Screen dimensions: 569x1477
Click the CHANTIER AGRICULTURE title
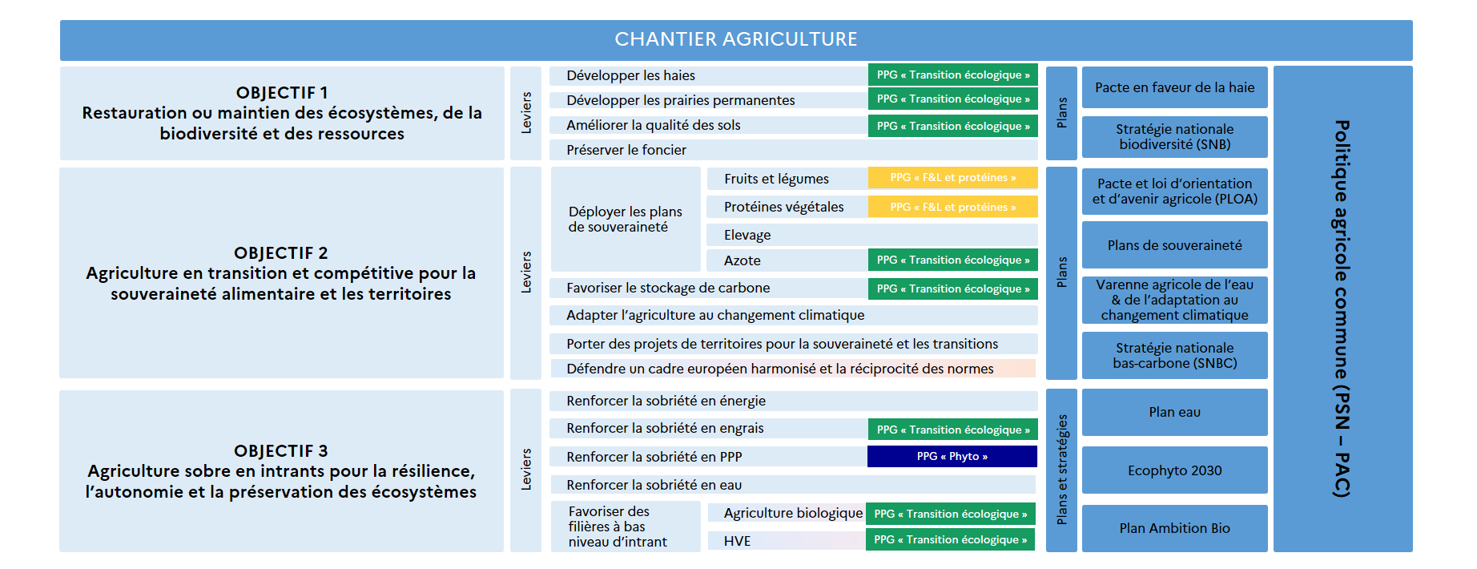click(x=735, y=39)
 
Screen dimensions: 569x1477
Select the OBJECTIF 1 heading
click(x=281, y=93)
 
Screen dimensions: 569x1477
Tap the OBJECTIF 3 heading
click(x=280, y=451)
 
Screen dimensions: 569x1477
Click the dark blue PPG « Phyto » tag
click(x=952, y=457)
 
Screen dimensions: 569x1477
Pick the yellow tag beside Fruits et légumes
click(x=952, y=178)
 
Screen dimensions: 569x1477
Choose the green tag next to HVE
click(x=950, y=540)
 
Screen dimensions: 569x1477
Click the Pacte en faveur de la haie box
click(x=1174, y=87)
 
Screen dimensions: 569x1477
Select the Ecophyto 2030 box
click(x=1174, y=470)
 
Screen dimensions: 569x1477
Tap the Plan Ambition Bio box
click(x=1174, y=528)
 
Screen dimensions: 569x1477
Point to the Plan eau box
click(x=1174, y=412)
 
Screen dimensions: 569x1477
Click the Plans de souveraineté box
click(x=1174, y=245)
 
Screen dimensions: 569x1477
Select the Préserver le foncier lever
click(x=626, y=150)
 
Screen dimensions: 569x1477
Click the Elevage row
click(x=747, y=235)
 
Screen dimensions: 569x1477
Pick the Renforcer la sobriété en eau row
click(x=654, y=485)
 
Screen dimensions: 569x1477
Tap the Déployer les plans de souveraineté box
click(x=625, y=220)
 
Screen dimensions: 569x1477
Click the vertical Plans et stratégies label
click(x=1061, y=470)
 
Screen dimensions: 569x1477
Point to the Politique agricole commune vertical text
click(x=1342, y=309)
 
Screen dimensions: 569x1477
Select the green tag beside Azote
click(x=952, y=260)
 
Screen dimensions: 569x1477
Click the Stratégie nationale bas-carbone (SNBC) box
click(x=1174, y=355)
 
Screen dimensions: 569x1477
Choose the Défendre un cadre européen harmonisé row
click(x=779, y=369)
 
